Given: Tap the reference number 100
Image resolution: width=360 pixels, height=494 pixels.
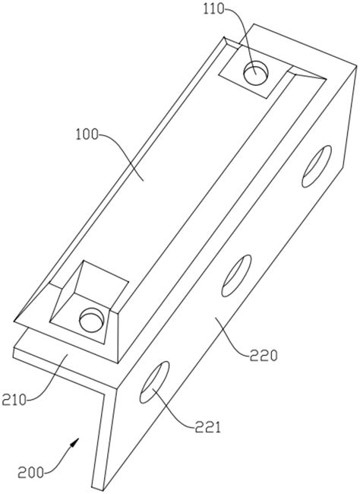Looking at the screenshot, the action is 87,135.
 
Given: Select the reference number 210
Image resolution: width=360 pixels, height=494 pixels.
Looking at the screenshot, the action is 14,400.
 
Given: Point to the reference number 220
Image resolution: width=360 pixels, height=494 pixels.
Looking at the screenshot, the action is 264,356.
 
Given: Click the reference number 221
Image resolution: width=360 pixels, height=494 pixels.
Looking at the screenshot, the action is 207,428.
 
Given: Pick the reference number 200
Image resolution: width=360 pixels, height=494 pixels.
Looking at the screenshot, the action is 30,473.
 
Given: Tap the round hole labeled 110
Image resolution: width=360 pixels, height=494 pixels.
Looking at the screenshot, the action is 256,73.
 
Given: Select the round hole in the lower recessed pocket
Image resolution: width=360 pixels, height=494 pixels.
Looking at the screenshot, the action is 92,319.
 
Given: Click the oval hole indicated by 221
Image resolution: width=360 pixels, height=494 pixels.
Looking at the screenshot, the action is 154,382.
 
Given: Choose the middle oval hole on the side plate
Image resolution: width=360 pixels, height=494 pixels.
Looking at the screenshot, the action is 236,276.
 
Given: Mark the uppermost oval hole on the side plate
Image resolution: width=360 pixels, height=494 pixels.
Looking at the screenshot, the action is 317,166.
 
